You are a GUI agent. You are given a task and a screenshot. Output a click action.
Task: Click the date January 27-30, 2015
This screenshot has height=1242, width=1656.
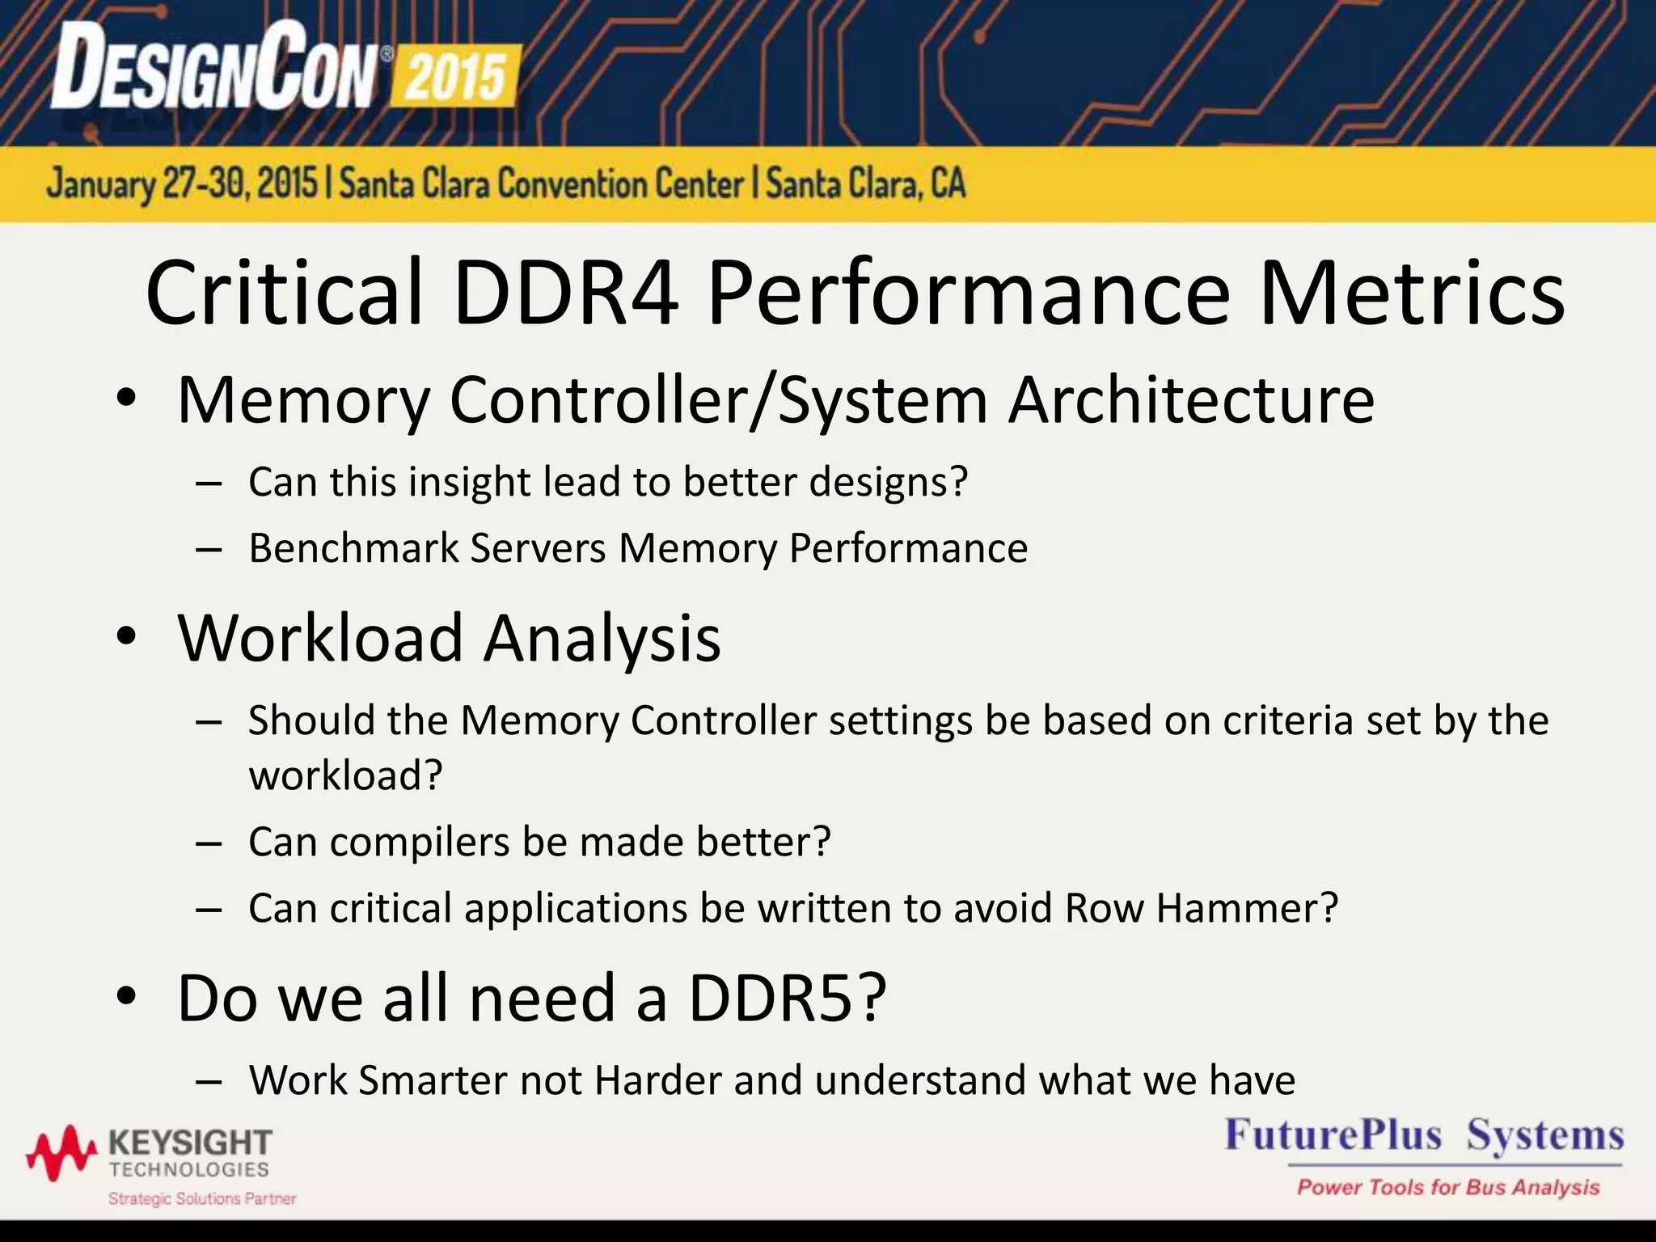click(x=182, y=184)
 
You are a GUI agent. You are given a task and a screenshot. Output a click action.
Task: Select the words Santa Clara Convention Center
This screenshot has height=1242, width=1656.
click(x=541, y=184)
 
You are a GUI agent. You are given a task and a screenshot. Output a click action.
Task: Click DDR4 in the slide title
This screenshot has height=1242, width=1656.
click(x=565, y=293)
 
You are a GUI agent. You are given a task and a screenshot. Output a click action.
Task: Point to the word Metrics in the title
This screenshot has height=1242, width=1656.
click(x=1411, y=293)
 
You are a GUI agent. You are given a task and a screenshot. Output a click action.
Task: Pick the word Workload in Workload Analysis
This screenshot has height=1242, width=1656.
click(x=320, y=638)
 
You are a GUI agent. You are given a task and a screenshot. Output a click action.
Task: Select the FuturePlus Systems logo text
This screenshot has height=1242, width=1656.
click(x=1423, y=1135)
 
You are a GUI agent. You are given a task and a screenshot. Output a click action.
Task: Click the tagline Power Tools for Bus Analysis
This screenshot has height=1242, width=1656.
click(x=1447, y=1187)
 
